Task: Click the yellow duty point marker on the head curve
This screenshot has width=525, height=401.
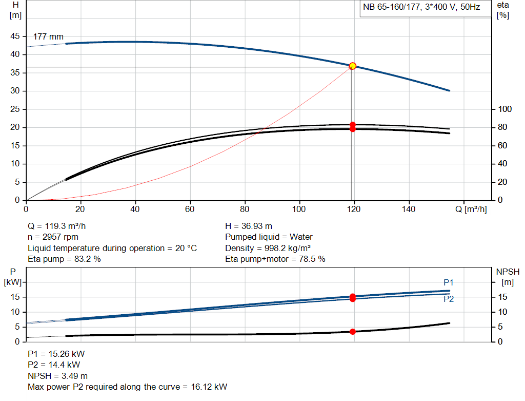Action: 353,66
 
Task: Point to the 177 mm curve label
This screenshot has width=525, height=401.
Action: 48,37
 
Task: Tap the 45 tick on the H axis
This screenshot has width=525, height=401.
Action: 15,36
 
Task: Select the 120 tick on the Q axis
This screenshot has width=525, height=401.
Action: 353,209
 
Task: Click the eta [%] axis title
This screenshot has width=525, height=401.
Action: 502,10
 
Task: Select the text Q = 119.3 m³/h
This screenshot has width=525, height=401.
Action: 60,226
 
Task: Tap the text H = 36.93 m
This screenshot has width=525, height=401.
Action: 249,226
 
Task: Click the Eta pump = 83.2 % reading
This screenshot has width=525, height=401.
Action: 64,259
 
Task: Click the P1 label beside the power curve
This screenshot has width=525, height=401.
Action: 448,282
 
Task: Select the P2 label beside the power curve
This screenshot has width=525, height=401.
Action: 448,299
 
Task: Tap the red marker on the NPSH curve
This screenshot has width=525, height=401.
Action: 353,332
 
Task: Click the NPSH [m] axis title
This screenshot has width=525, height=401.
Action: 508,276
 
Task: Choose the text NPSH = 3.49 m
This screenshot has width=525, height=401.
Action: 57,376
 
